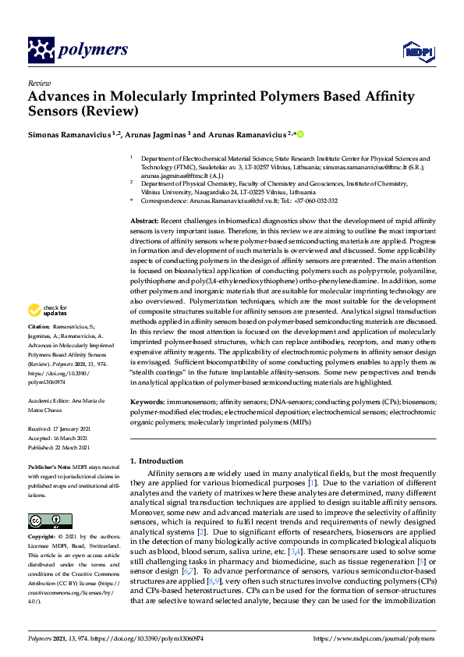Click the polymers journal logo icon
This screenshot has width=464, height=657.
tap(40, 51)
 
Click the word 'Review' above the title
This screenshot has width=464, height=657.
tap(39, 83)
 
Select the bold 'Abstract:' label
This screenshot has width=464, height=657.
tap(145, 222)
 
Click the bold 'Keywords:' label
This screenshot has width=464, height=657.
tap(148, 401)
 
